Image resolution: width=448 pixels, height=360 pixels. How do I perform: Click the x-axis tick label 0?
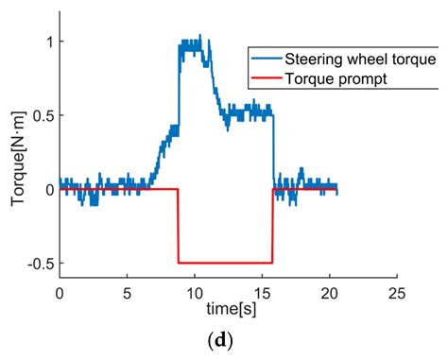coord(59,294)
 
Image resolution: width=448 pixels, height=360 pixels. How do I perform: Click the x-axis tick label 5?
coord(127,294)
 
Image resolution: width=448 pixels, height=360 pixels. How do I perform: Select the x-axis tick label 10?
coord(194,294)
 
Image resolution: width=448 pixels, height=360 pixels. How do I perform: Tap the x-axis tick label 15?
coord(261,294)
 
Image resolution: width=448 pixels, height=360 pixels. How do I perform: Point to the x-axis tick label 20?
coord(329,294)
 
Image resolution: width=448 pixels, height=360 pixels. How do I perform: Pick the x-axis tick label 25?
coord(396,294)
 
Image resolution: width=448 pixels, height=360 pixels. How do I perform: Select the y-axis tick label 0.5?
coord(38,115)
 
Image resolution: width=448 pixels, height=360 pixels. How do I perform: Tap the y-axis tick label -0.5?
coord(35,263)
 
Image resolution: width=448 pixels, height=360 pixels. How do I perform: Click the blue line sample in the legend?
coord(267,59)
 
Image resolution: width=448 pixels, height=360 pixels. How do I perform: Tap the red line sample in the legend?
coord(267,78)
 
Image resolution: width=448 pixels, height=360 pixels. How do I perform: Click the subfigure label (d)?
coord(227,342)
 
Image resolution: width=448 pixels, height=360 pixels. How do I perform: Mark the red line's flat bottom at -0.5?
coord(225,263)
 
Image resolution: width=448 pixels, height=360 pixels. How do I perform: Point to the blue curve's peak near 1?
coord(191,43)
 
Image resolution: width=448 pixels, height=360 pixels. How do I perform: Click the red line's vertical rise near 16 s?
coord(272,227)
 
